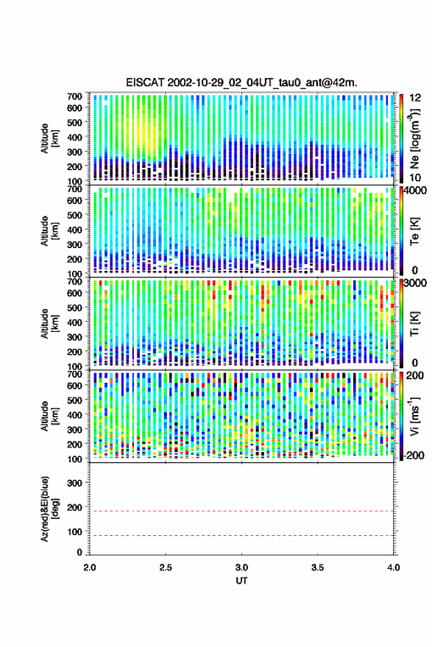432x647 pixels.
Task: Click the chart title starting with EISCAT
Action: (241, 82)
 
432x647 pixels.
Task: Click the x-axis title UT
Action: (241, 581)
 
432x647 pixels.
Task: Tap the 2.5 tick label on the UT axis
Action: (166, 568)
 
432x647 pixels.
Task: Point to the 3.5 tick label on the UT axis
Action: (317, 568)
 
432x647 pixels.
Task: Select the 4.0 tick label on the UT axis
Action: (393, 568)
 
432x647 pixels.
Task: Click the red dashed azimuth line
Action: (241, 512)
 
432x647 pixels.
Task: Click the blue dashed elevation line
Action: (241, 536)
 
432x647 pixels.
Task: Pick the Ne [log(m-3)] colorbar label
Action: (414, 139)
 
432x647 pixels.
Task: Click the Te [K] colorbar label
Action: (414, 231)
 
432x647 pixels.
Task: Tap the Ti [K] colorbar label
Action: (414, 324)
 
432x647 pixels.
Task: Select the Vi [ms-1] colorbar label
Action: (414, 416)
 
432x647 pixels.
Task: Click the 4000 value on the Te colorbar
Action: (416, 191)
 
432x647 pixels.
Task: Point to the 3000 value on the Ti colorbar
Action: (416, 283)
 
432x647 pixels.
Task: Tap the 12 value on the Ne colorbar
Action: (415, 98)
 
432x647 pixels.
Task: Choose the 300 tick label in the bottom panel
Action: (74, 483)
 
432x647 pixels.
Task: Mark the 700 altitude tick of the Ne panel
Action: (74, 96)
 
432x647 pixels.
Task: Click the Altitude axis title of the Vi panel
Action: (50, 416)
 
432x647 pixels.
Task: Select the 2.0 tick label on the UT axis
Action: (90, 568)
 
